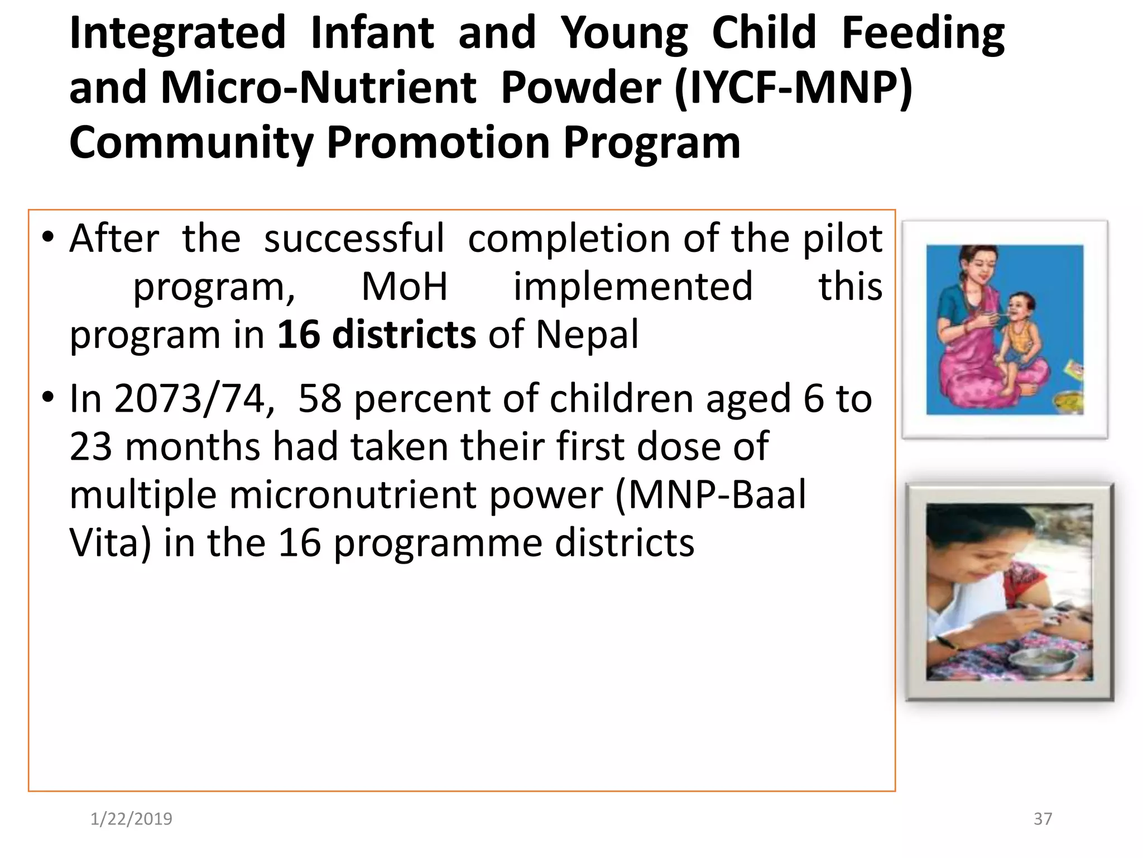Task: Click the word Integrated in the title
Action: (177, 34)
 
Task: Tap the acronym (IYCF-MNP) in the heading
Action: (793, 88)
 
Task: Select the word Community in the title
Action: (191, 143)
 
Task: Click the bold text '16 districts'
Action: (377, 335)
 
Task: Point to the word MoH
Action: (405, 287)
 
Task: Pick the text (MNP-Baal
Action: (710, 495)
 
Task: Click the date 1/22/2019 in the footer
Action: (131, 819)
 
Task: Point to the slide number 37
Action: (1043, 819)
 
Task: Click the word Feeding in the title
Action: (923, 34)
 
